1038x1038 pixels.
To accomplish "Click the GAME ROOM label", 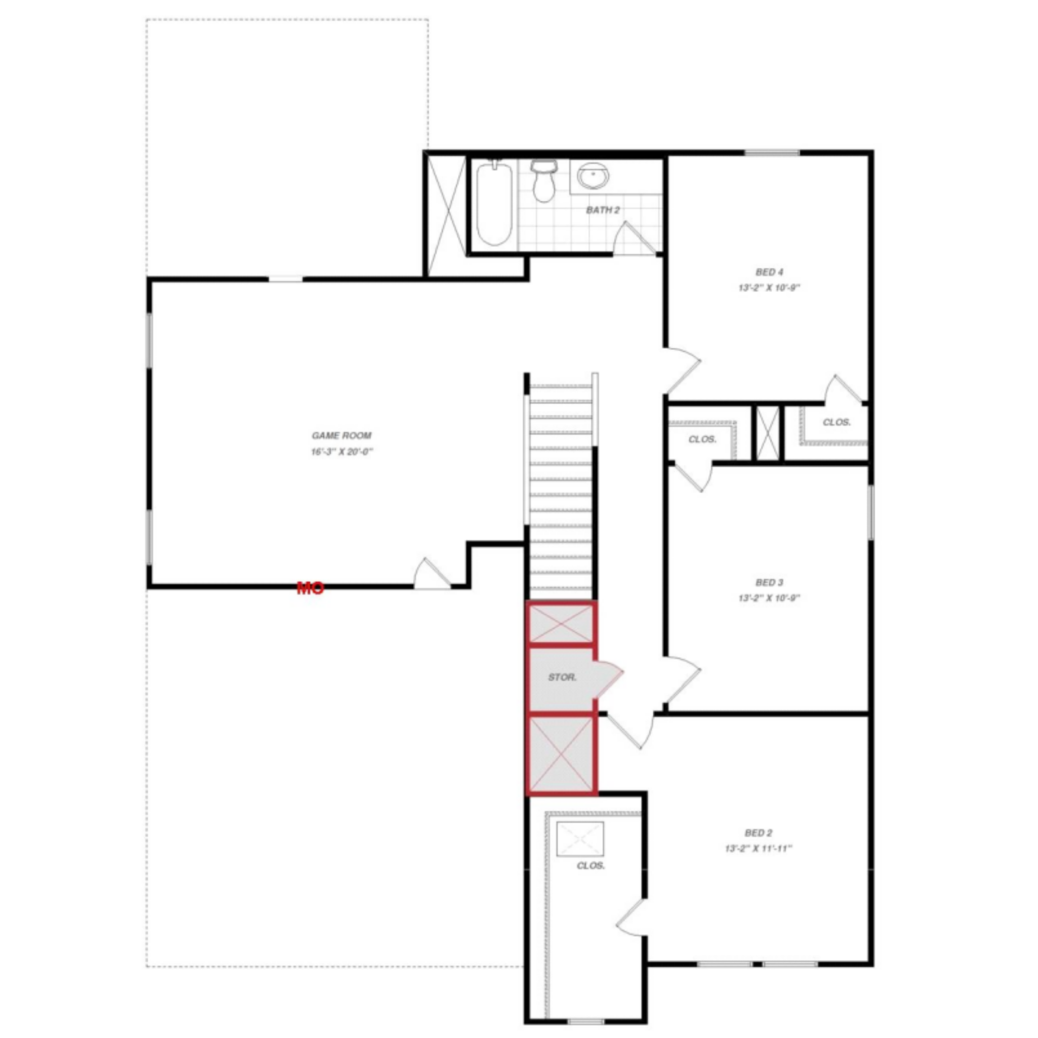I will [x=341, y=435].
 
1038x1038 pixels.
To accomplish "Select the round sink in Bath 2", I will [x=593, y=176].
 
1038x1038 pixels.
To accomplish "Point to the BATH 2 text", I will [x=603, y=210].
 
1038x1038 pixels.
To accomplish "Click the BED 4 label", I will [x=769, y=272].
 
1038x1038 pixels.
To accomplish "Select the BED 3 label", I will [x=769, y=582].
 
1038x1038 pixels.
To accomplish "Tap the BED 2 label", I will [x=758, y=833].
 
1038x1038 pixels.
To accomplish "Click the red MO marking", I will [x=310, y=588].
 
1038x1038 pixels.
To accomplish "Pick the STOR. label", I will [x=562, y=677].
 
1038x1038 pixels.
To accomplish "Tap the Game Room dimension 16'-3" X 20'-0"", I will [x=342, y=451].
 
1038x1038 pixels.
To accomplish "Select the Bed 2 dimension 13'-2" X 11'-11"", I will [x=758, y=849].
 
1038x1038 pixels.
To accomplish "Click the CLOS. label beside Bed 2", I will [x=590, y=866].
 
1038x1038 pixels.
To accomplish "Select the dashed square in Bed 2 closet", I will [x=580, y=839].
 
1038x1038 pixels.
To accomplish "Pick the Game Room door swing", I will [x=431, y=574].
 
